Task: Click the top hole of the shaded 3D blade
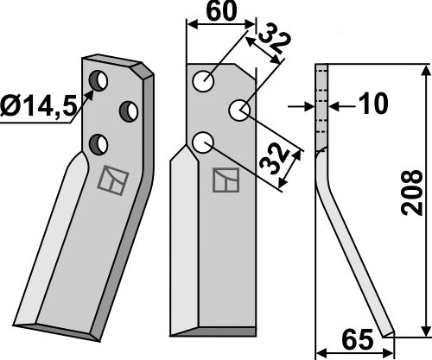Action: click(101, 83)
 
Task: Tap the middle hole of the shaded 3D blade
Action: click(130, 111)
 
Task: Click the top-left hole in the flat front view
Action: click(204, 83)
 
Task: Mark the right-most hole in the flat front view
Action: click(239, 111)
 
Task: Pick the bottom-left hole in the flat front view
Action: click(205, 141)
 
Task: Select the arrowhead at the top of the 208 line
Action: click(422, 69)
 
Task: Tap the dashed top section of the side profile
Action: click(320, 104)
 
